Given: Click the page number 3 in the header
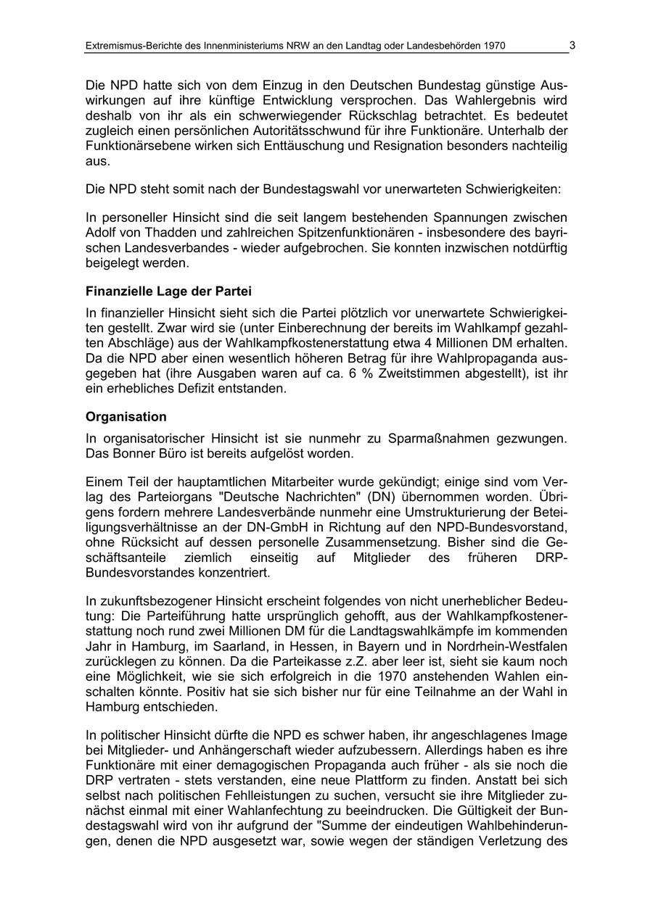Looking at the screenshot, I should point(572,45).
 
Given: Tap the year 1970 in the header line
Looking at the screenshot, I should point(493,46).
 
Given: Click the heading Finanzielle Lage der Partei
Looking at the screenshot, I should point(168,291).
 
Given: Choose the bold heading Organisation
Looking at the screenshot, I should point(126,417).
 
